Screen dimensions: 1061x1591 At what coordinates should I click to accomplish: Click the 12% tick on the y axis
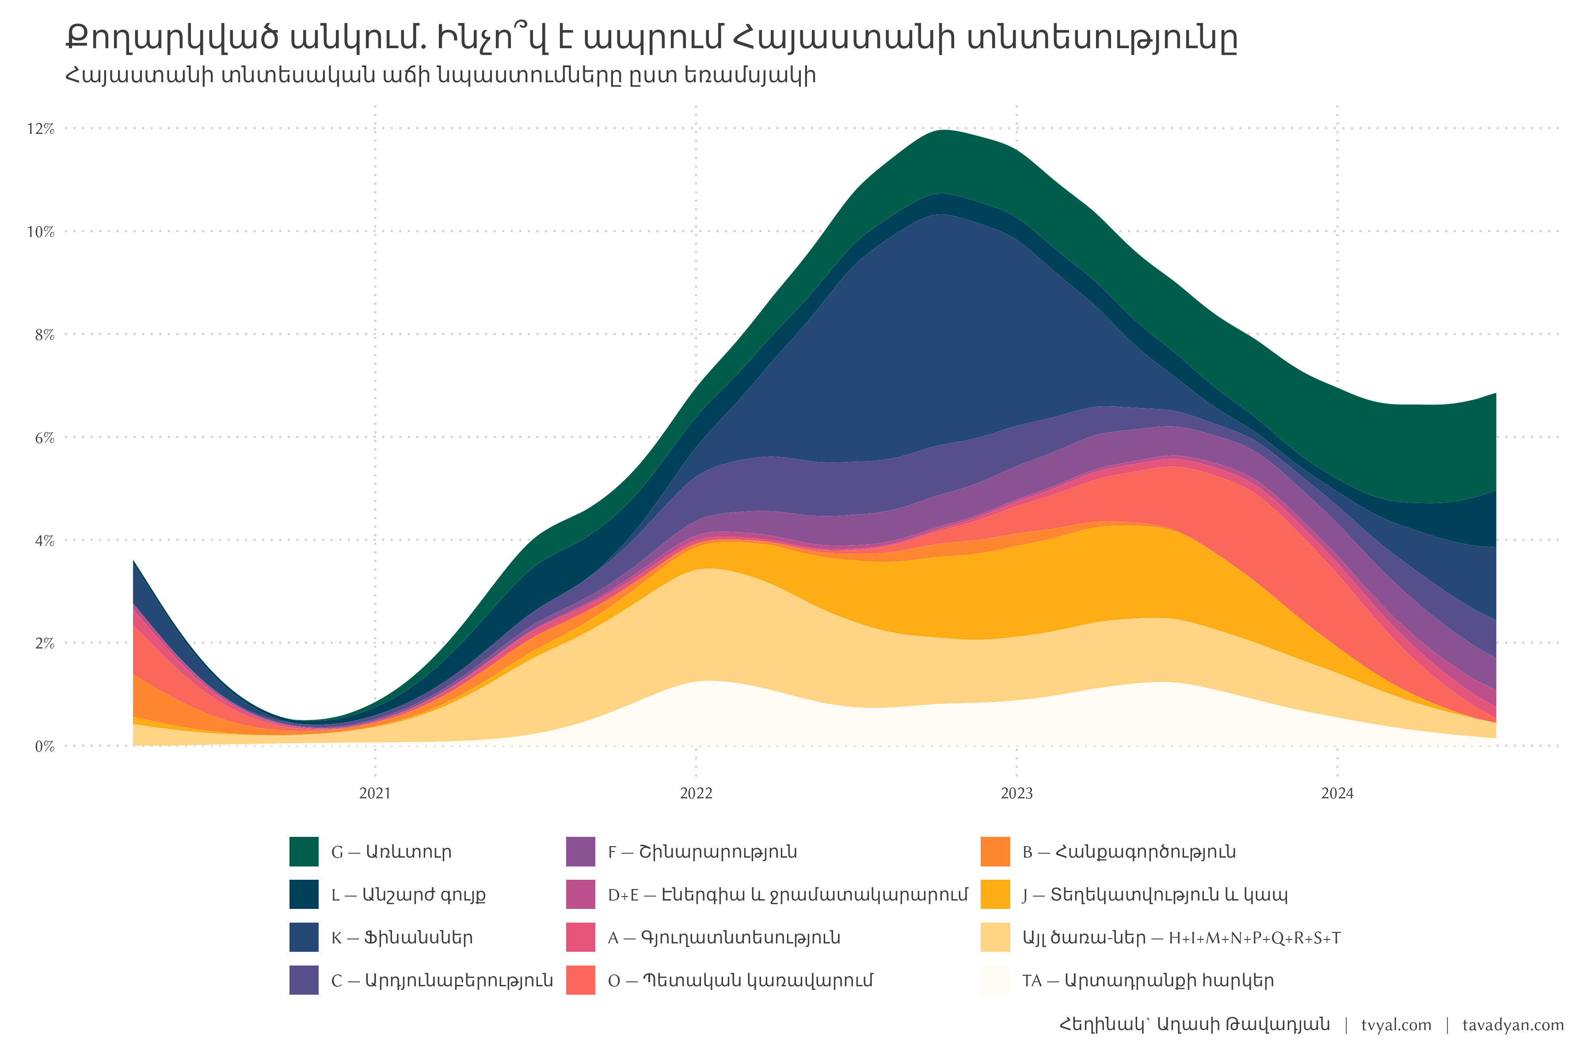coord(41,129)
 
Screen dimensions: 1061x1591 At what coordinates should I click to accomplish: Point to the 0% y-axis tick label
coord(44,746)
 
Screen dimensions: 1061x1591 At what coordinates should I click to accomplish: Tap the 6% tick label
coord(44,438)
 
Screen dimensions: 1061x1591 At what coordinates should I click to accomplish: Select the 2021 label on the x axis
coord(375,794)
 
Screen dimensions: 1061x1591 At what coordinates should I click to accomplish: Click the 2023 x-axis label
coord(1017,794)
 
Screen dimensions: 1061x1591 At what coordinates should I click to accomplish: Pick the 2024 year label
coord(1337,794)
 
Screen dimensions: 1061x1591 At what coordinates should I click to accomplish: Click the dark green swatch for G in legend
coord(304,851)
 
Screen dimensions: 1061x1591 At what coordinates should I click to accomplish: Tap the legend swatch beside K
coord(304,937)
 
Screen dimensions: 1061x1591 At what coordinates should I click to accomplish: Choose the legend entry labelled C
coord(442,981)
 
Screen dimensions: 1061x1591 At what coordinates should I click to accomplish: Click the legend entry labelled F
coord(702,851)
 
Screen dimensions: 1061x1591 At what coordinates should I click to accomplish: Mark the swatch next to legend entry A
coord(580,937)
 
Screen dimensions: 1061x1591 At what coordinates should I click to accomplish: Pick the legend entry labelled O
coord(740,981)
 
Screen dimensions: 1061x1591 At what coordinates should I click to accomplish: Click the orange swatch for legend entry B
coord(995,851)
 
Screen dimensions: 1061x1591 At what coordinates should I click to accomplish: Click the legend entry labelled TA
coord(1148,981)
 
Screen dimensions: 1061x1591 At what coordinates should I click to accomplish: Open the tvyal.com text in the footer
coord(1396,1025)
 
